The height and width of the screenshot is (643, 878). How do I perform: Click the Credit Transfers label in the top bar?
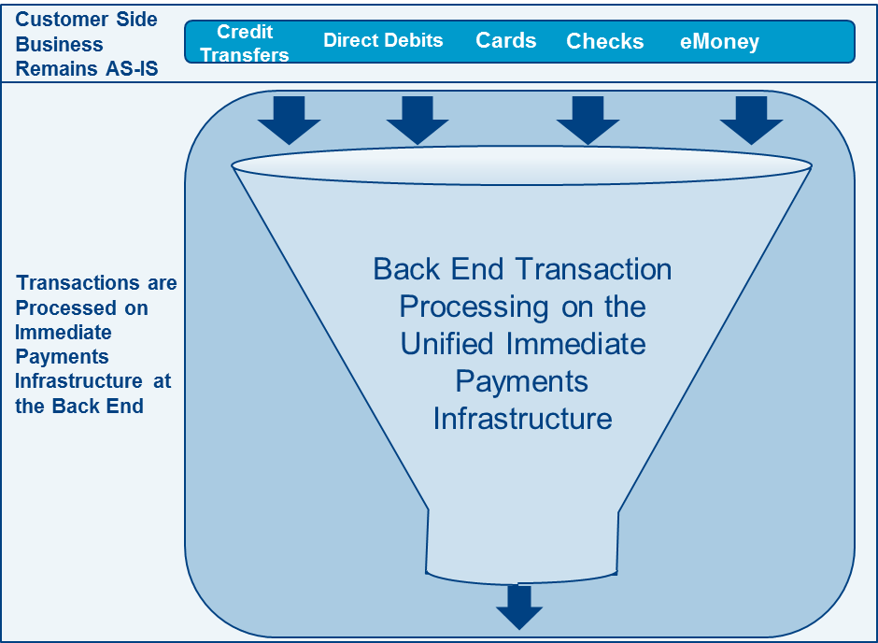[245, 43]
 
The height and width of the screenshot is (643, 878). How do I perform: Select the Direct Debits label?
[383, 40]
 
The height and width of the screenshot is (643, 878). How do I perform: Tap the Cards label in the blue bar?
[505, 40]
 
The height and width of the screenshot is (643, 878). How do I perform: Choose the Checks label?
[604, 41]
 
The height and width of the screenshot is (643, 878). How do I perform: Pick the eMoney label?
[719, 41]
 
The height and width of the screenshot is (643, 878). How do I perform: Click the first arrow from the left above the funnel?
[290, 120]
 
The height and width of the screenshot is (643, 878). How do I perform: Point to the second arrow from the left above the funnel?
[418, 120]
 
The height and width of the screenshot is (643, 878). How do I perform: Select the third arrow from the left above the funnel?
[588, 120]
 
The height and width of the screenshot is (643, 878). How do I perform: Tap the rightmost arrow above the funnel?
[751, 120]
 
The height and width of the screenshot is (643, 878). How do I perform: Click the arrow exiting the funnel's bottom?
[519, 607]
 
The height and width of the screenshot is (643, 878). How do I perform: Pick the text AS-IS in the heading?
[130, 68]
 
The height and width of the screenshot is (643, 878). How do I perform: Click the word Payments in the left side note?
[62, 357]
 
